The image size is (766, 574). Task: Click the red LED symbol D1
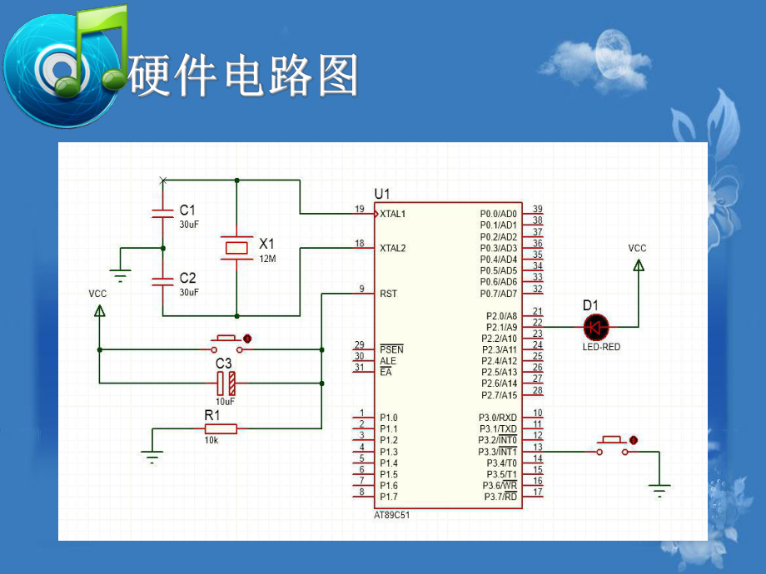(x=595, y=327)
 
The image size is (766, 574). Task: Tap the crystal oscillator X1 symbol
(x=237, y=248)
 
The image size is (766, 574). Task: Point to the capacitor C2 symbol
(x=162, y=281)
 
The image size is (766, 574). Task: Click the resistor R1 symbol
(x=221, y=428)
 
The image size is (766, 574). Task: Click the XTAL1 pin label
(x=393, y=215)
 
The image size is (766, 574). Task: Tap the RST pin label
(x=388, y=294)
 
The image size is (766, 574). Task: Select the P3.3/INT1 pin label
(x=499, y=452)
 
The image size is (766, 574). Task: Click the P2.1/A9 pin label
(x=500, y=328)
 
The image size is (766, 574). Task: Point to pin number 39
(x=538, y=210)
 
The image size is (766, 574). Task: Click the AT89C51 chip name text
(x=392, y=515)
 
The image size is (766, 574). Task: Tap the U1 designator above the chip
(x=382, y=194)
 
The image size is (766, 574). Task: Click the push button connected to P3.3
(x=613, y=447)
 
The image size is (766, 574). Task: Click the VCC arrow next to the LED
(x=638, y=265)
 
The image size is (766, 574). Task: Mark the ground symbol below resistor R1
(x=152, y=456)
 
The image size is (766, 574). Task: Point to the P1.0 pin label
(x=389, y=418)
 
